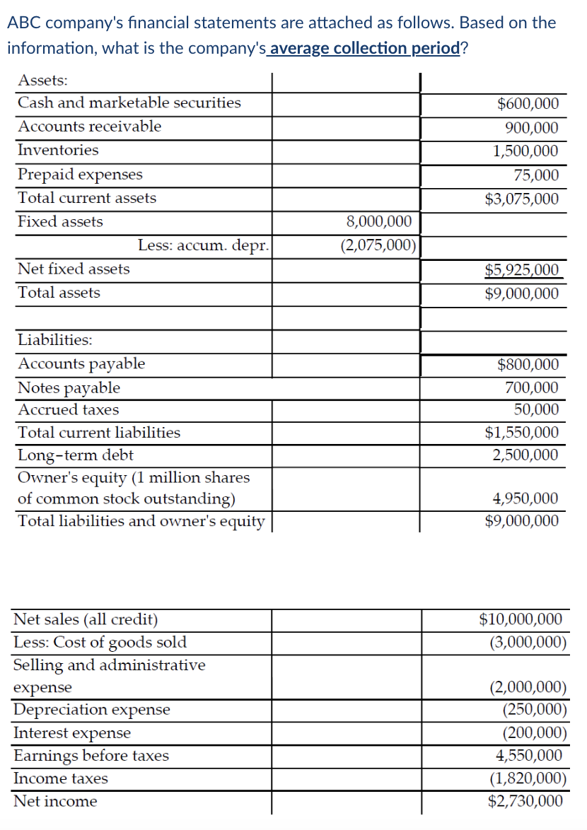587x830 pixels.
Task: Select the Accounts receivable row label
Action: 89,127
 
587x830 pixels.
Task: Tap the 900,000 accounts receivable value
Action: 531,128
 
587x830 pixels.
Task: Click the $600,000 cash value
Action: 528,104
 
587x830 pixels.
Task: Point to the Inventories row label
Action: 58,150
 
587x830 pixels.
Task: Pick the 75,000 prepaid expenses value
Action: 535,175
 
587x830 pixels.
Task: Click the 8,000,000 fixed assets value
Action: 379,222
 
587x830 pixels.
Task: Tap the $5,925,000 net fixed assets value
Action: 521,270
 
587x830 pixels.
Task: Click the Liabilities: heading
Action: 54,340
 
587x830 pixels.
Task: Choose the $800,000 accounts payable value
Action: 528,365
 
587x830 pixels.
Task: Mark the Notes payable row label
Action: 69,388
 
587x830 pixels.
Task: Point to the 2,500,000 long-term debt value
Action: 525,455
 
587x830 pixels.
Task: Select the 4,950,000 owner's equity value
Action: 525,499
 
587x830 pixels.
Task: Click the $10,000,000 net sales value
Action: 521,620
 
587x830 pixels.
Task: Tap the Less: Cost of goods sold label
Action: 100,642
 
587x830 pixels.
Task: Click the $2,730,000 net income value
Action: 525,801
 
